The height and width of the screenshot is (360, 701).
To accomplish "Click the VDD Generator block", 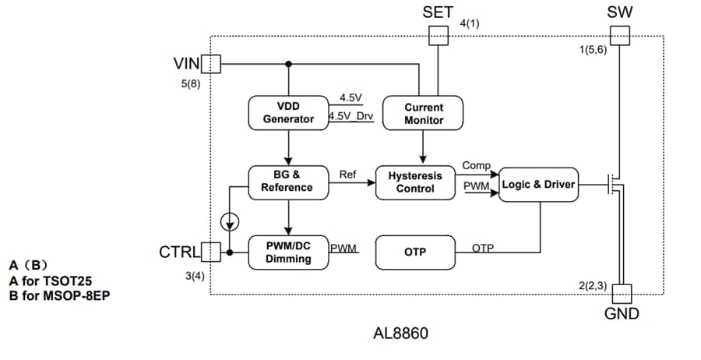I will click(x=288, y=113).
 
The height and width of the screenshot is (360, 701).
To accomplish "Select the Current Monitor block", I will click(x=424, y=113).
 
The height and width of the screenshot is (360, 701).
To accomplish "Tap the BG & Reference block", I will click(x=288, y=181).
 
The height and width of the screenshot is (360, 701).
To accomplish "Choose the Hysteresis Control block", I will click(x=415, y=182).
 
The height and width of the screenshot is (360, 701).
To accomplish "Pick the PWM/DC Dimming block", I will click(x=288, y=252).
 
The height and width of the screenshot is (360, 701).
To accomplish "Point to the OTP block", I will click(x=415, y=252).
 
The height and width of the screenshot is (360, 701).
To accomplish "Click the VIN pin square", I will click(x=211, y=63).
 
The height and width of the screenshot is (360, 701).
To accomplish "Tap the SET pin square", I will click(x=439, y=35).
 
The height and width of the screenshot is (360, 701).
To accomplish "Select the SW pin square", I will click(x=620, y=35).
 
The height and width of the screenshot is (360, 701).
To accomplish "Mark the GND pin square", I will click(x=621, y=294).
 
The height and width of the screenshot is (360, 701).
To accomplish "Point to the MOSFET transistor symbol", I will click(x=617, y=185).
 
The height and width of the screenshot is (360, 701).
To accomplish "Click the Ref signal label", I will click(x=347, y=175).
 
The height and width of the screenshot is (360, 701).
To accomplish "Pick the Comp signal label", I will click(x=476, y=165).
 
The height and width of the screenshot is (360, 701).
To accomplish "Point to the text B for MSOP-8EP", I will click(x=65, y=295).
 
